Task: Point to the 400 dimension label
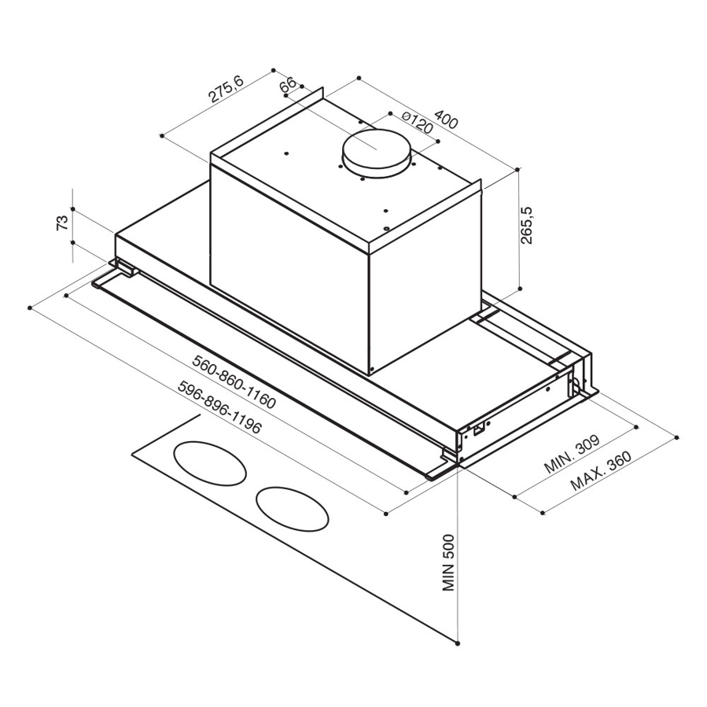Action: (445, 120)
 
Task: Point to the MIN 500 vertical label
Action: (448, 565)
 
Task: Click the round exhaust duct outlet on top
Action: (378, 153)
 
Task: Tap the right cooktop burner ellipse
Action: (292, 508)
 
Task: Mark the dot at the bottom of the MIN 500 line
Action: (458, 643)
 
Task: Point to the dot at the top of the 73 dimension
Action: (72, 208)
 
